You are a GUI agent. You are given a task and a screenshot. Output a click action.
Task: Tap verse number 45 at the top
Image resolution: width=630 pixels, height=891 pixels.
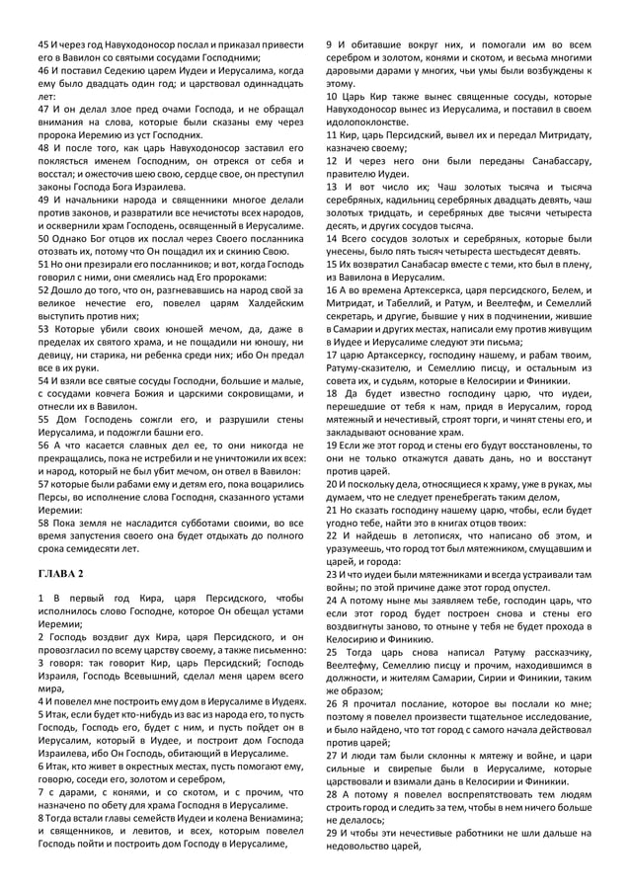tap(43, 45)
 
